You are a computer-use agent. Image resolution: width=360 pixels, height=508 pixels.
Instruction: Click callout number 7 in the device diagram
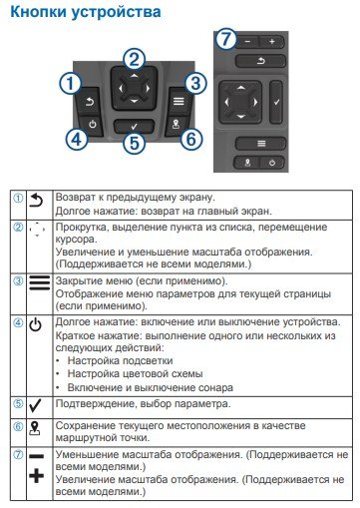[228, 42]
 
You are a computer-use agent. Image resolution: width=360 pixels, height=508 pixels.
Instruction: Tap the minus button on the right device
[250, 43]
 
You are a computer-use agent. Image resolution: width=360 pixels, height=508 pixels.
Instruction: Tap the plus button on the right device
[272, 43]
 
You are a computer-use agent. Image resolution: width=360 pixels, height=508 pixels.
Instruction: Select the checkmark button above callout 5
[134, 128]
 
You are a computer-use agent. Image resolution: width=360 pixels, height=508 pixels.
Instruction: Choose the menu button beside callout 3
[175, 101]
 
